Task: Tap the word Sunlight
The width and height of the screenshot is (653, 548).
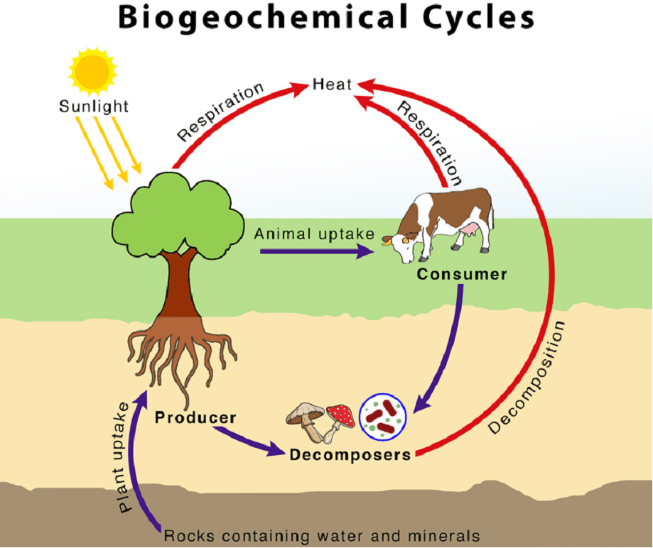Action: pos(94,107)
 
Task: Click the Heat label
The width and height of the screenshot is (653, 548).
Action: pos(332,84)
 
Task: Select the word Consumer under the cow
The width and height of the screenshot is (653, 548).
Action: pos(462,273)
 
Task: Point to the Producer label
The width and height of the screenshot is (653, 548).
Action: pos(195,417)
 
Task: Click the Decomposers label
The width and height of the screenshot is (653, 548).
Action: pos(350,454)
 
